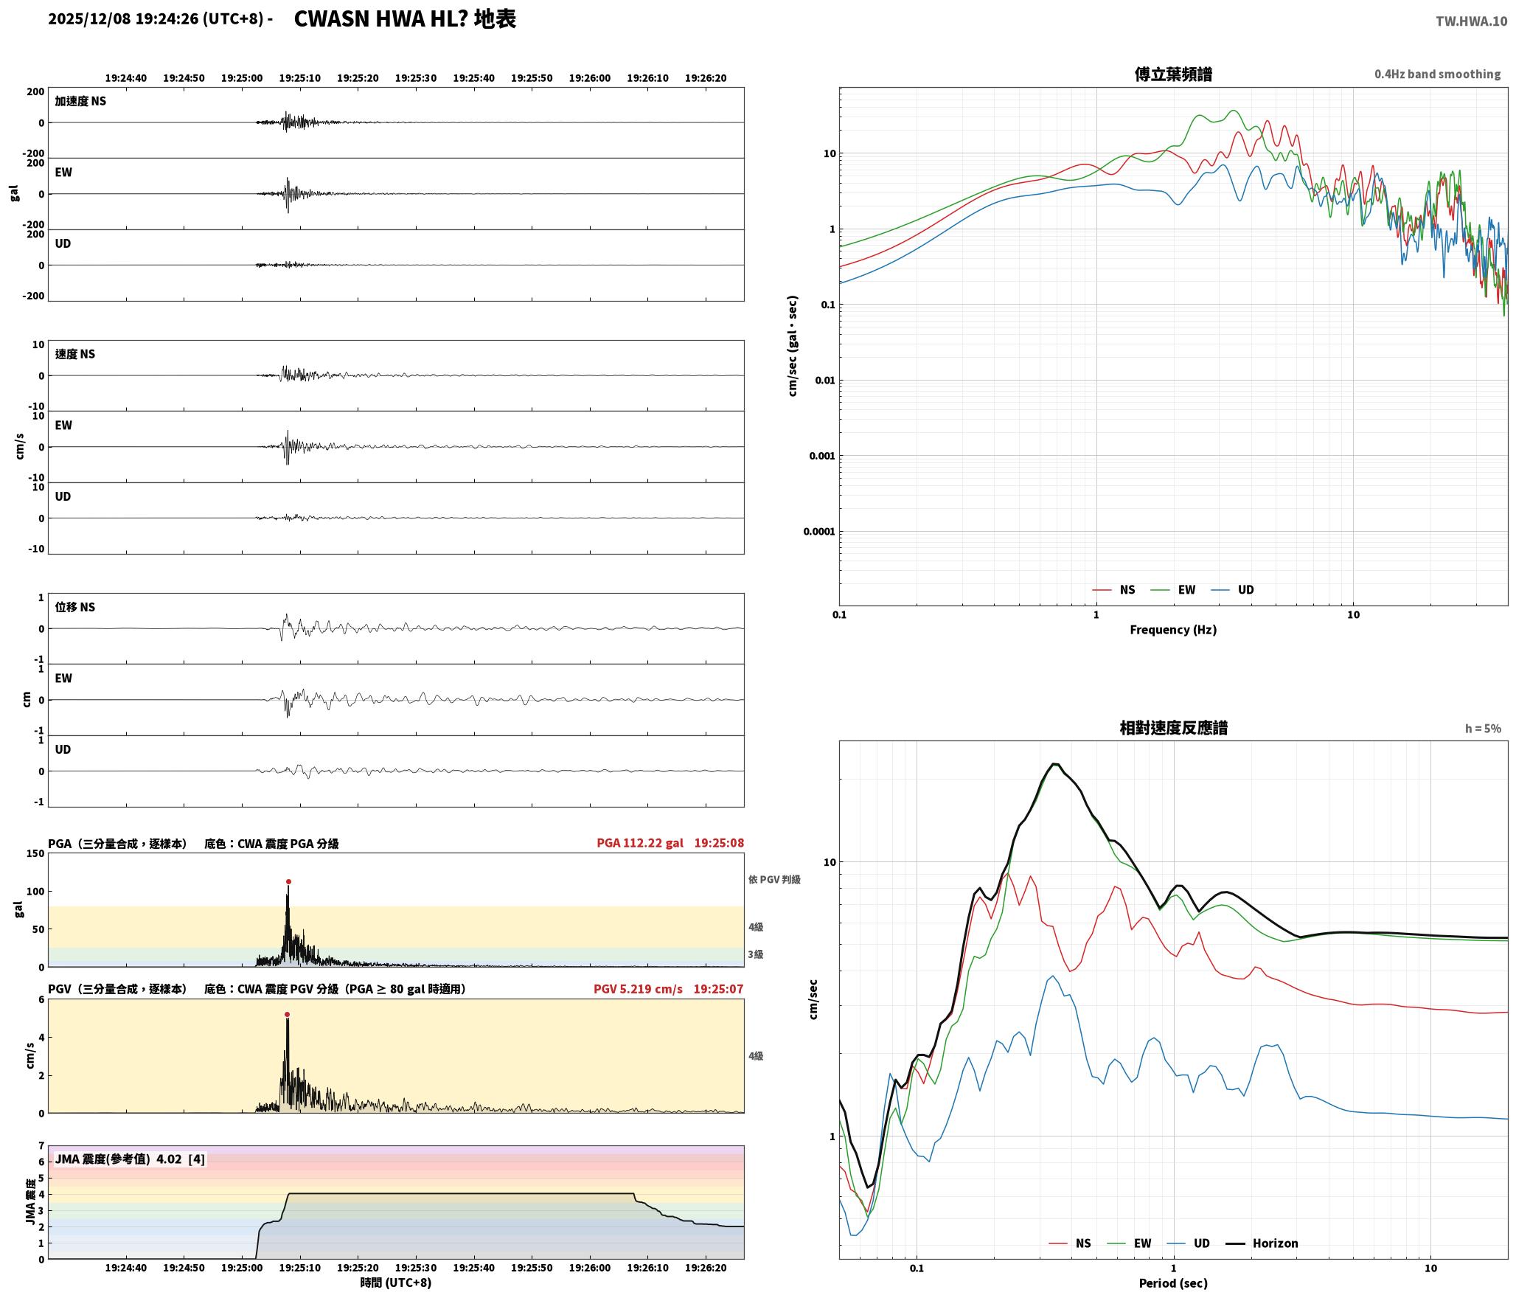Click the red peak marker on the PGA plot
click(288, 881)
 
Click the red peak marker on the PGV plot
click(287, 1015)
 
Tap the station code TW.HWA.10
click(1471, 21)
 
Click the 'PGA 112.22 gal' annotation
click(640, 843)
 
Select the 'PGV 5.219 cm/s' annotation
click(638, 989)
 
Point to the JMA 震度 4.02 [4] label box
click(130, 1159)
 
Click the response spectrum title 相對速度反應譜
click(1173, 728)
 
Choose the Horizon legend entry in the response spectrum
click(1262, 1243)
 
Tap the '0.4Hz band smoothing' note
click(1437, 74)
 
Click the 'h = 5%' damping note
click(1483, 729)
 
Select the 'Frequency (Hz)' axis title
click(1173, 630)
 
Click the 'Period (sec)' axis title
click(1173, 1283)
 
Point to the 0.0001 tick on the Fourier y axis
click(819, 532)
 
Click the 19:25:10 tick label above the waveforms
click(299, 78)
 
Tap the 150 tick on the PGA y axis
click(35, 853)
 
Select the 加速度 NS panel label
click(80, 101)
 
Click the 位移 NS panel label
click(75, 607)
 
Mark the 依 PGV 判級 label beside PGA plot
click(774, 879)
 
